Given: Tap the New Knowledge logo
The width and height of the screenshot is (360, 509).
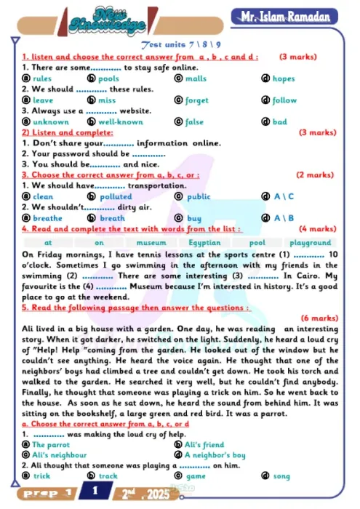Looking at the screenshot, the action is (105, 20).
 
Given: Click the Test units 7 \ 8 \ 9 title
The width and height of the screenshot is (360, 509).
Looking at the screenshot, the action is (180, 45).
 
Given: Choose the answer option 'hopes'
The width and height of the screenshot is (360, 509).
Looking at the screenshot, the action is (284, 79).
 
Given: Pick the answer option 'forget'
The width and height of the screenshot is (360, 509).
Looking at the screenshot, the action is (196, 100).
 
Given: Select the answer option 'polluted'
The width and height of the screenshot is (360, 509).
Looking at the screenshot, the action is (115, 197).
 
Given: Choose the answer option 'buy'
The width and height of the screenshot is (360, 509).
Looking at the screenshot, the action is (194, 218).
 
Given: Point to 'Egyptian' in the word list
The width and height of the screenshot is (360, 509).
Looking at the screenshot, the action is (204, 243).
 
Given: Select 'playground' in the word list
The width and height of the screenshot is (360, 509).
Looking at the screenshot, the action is (311, 243).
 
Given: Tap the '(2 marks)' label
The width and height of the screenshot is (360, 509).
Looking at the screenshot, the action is (315, 175).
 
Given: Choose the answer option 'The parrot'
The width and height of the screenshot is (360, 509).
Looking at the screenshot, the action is (51, 444).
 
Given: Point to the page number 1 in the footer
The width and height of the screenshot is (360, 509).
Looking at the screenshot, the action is (95, 492).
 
